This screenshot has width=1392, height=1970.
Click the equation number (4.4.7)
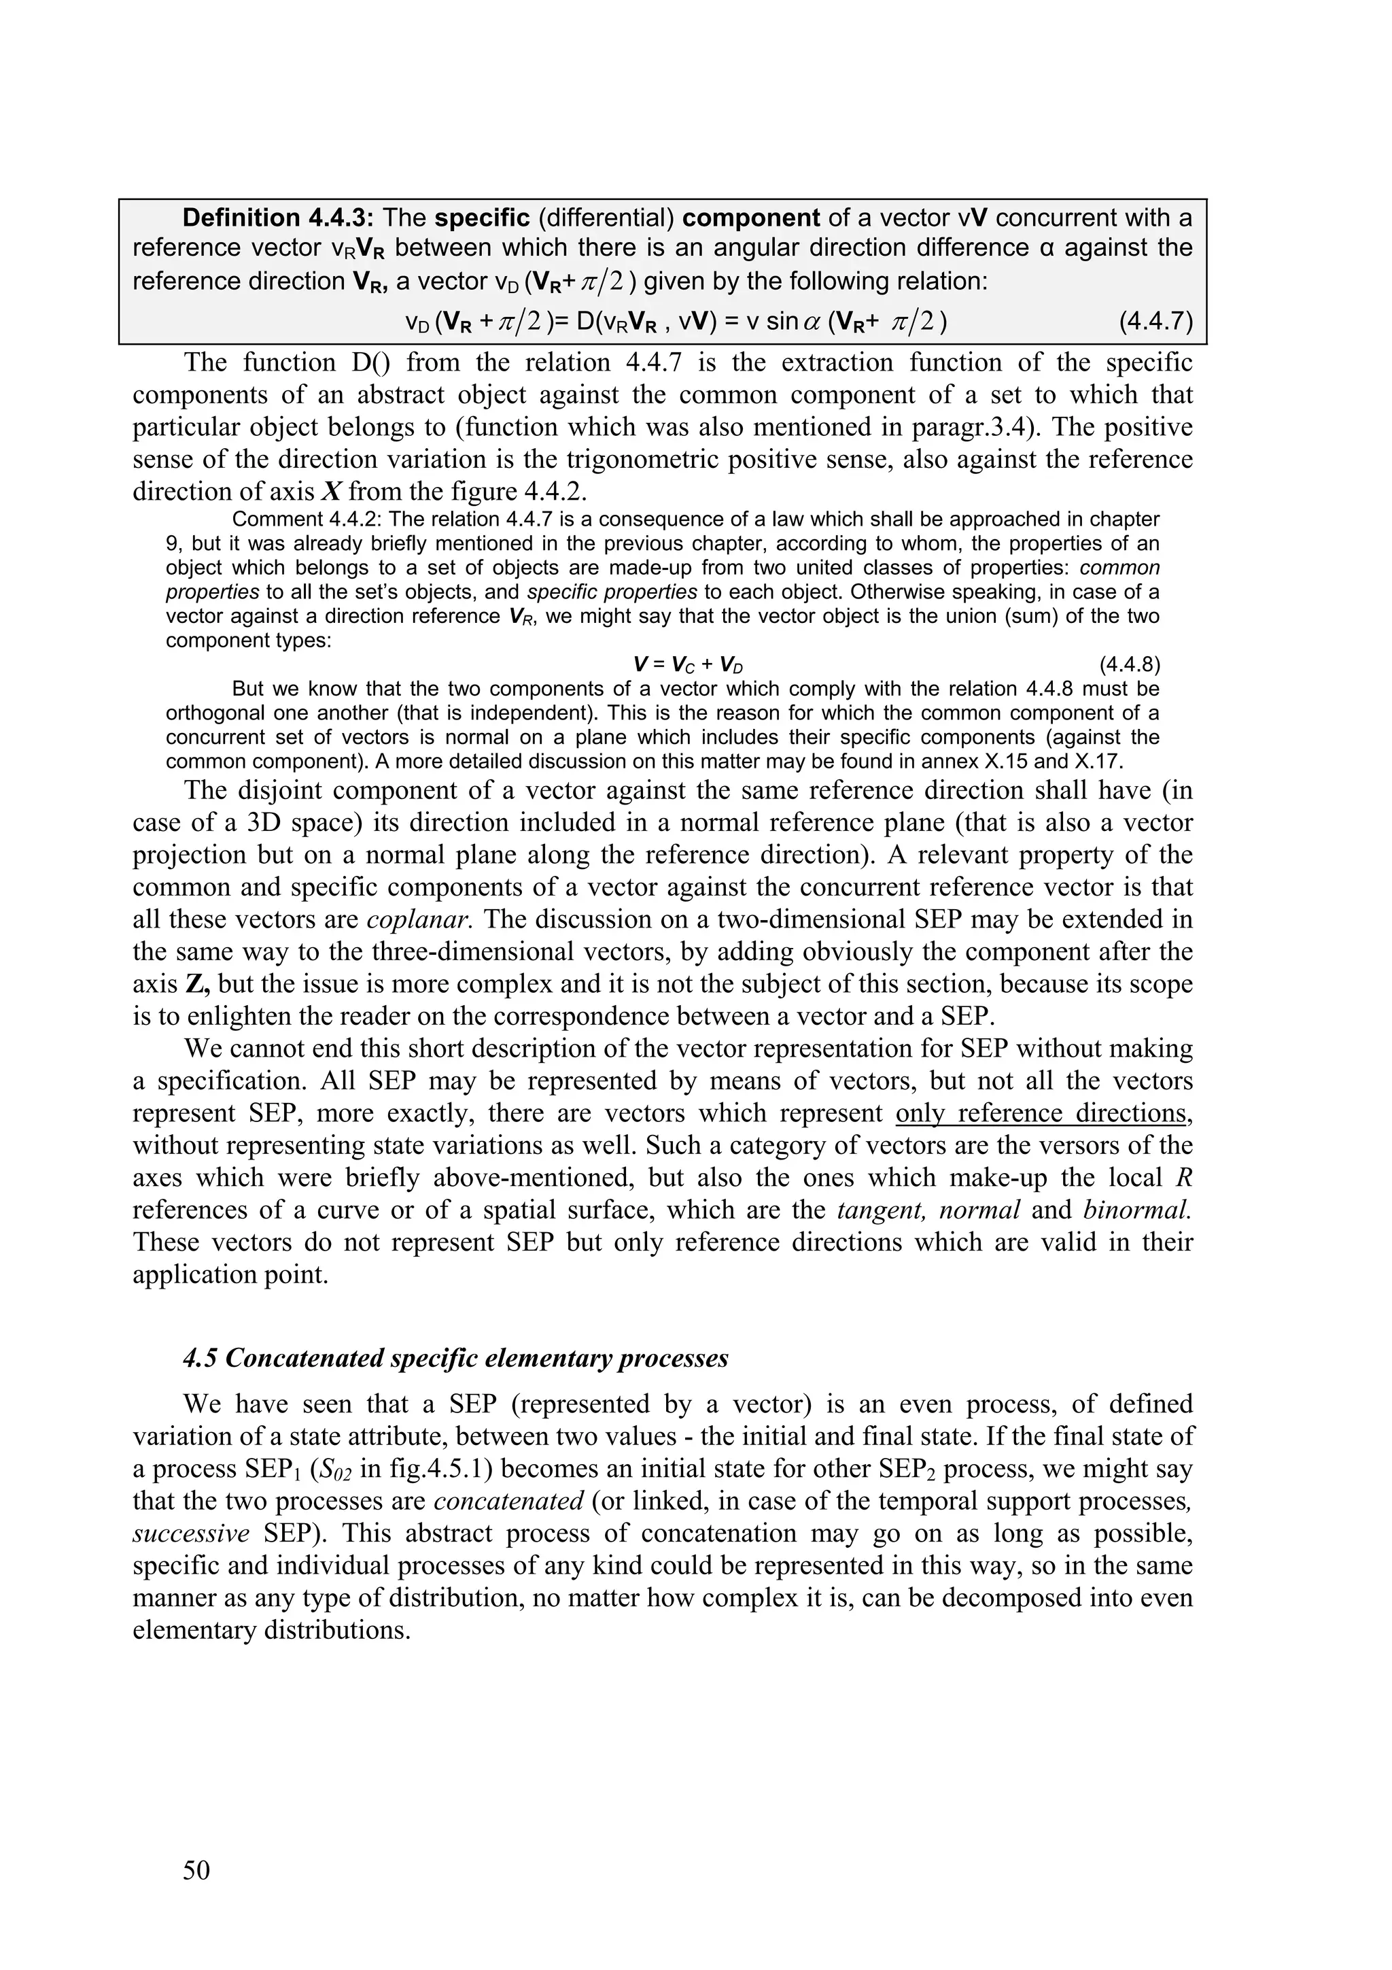coord(1155,322)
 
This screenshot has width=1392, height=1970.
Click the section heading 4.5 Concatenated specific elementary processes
coord(455,1359)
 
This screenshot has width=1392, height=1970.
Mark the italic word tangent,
coord(879,1210)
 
